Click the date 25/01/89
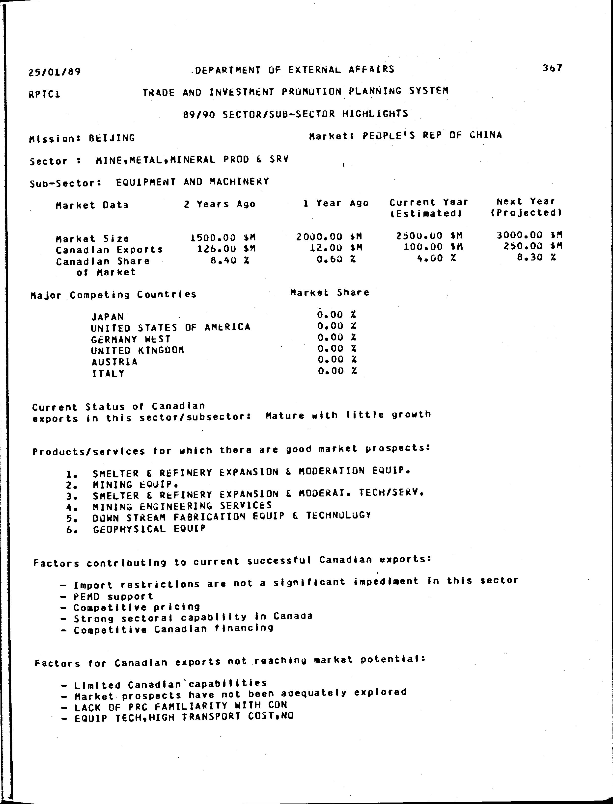tap(54, 72)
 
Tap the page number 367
tap(552, 68)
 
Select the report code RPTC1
tap(44, 94)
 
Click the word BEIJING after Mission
tap(112, 138)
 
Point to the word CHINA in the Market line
tap(486, 135)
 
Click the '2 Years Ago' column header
tap(219, 204)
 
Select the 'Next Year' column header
tap(526, 201)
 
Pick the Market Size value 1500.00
tap(213, 238)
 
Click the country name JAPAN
tap(108, 316)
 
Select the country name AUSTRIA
tap(114, 362)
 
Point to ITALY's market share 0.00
tap(331, 371)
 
